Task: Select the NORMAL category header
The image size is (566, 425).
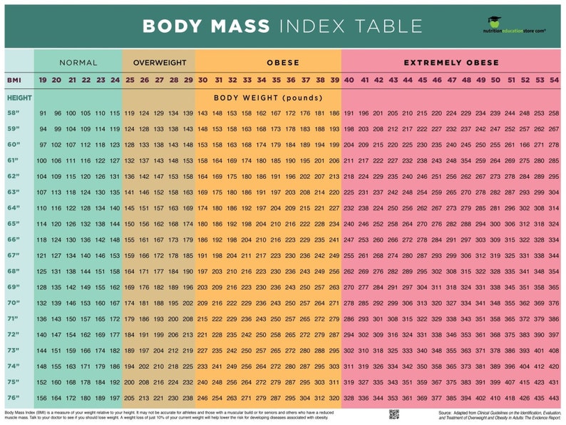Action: click(x=78, y=63)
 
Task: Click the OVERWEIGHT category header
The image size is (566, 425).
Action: click(x=160, y=63)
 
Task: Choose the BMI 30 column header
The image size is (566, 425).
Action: click(x=203, y=80)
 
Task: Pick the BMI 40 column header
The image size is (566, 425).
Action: click(x=349, y=80)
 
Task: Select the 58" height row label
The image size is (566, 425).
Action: click(x=14, y=113)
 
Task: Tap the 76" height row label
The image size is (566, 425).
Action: click(x=14, y=397)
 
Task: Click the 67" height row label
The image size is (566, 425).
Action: click(x=14, y=255)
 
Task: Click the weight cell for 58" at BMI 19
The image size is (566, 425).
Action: click(x=43, y=113)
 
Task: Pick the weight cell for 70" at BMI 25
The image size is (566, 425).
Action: click(x=129, y=303)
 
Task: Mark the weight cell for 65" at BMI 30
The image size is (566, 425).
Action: click(x=203, y=224)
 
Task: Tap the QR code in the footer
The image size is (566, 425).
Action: click(x=393, y=414)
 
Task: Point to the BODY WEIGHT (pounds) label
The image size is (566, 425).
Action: click(x=269, y=97)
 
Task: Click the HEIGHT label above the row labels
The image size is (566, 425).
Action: click(x=19, y=97)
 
